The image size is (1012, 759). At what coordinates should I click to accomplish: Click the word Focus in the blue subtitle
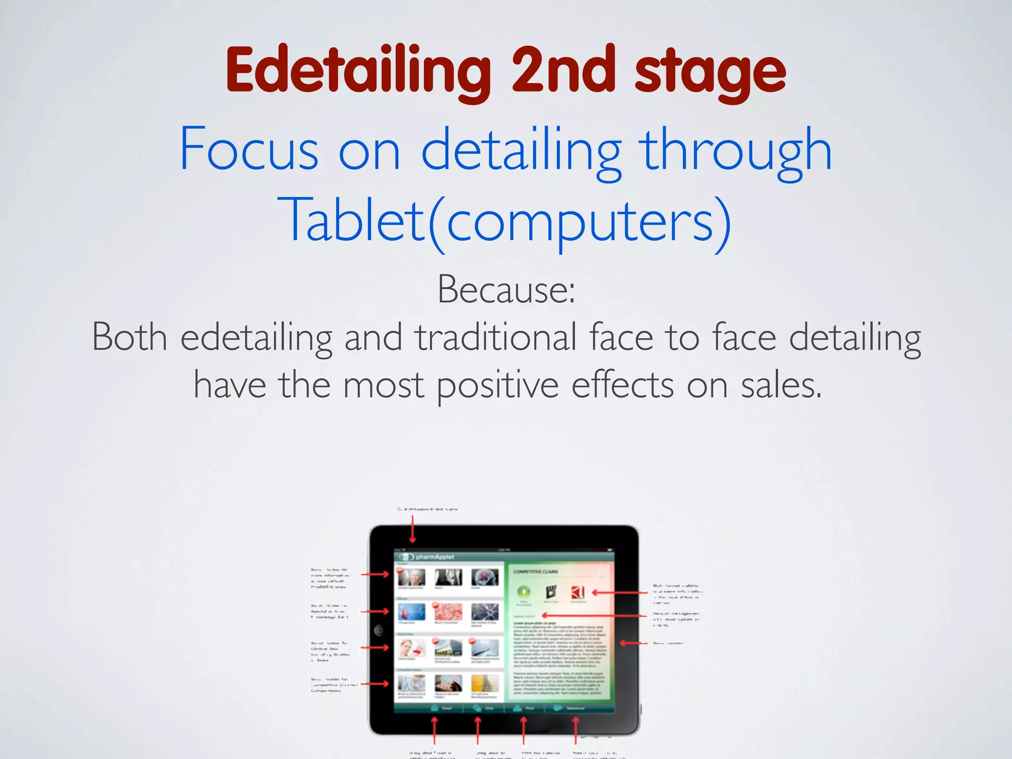click(x=249, y=149)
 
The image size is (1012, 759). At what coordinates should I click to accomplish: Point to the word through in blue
click(x=736, y=151)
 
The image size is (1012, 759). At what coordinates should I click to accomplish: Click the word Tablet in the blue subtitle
click(x=351, y=220)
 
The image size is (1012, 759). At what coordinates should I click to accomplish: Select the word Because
click(x=506, y=290)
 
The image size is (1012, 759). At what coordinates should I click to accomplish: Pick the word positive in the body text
click(x=498, y=386)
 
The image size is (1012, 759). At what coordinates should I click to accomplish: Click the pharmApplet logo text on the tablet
click(x=435, y=557)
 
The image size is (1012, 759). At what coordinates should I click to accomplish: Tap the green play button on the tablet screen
click(x=524, y=591)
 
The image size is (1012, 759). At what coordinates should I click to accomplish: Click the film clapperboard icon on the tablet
click(x=551, y=591)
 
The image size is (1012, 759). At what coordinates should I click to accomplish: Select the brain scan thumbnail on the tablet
click(x=485, y=577)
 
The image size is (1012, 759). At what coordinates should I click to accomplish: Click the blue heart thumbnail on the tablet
click(x=411, y=612)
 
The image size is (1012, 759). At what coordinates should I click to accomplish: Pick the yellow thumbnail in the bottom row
click(x=485, y=683)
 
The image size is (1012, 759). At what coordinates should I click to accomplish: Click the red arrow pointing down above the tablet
click(x=413, y=528)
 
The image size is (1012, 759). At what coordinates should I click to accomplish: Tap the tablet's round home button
click(x=379, y=630)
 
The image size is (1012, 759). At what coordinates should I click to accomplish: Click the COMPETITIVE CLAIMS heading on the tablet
click(x=536, y=572)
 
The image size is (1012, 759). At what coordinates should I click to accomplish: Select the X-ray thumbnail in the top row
click(x=448, y=577)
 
